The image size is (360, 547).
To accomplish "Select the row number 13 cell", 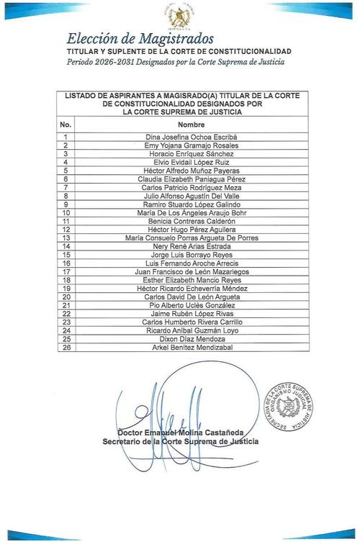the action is point(66,238).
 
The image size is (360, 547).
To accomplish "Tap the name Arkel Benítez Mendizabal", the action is point(191,348).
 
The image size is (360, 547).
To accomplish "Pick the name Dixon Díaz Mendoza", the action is point(191,339).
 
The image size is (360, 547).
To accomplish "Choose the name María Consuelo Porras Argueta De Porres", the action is point(191,238).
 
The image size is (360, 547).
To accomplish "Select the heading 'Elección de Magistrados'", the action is point(140,39).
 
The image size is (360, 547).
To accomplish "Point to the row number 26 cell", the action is point(66,348).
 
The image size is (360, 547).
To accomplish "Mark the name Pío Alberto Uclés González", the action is point(191,305).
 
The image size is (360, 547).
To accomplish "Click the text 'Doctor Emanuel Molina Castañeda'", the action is point(181,432).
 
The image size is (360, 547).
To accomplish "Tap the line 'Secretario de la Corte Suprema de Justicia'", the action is point(181,441).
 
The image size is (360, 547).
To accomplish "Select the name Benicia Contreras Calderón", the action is point(191,221).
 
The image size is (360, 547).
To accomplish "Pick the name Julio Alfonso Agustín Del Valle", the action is point(191,196).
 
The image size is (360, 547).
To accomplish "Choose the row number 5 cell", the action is point(66,171).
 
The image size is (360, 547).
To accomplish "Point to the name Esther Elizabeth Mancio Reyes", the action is point(191,280).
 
